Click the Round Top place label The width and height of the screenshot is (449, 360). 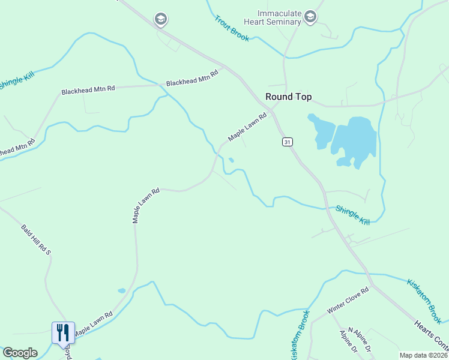pos(289,97)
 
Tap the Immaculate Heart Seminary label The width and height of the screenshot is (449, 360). pos(279,17)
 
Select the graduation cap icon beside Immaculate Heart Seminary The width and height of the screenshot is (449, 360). pos(310,16)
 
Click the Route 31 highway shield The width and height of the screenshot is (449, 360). pos(288,142)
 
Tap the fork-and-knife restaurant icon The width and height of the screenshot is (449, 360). pos(64,332)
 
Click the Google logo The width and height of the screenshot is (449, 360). pos(20,353)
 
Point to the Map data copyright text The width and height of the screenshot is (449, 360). pos(424,355)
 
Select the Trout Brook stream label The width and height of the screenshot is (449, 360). pos(232,28)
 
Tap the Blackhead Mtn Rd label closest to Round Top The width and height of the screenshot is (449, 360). pos(192,78)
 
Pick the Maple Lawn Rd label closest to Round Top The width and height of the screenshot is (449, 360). pos(247,128)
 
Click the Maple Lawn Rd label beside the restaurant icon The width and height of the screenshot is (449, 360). pos(93,323)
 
